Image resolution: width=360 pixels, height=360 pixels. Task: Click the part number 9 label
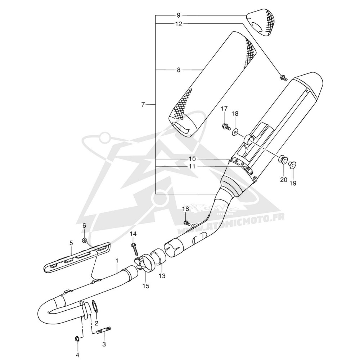click(x=179, y=15)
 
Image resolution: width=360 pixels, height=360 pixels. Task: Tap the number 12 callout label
click(x=179, y=24)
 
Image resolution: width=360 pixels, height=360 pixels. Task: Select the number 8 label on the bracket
click(x=179, y=70)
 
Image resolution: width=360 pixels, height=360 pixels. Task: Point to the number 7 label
click(x=143, y=105)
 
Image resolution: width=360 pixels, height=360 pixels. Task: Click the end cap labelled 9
click(x=261, y=22)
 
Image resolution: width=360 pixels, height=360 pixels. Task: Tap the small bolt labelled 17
click(x=226, y=126)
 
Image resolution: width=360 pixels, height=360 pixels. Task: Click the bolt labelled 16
click(x=186, y=222)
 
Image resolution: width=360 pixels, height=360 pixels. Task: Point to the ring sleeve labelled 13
click(x=158, y=256)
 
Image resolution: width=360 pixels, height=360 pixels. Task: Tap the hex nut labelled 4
click(x=77, y=338)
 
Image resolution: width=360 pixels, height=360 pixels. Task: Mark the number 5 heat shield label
click(x=71, y=243)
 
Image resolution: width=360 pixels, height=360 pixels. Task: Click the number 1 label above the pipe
click(x=117, y=261)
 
